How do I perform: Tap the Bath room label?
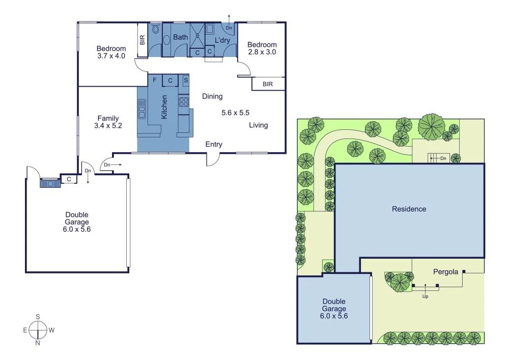click(180, 37)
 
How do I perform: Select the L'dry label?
click(222, 40)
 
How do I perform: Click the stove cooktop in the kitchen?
click(183, 102)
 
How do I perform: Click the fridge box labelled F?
click(154, 80)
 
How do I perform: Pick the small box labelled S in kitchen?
click(186, 80)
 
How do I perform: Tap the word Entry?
click(214, 145)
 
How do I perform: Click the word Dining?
click(212, 96)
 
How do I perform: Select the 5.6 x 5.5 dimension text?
click(235, 113)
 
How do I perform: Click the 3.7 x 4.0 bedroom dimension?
click(111, 56)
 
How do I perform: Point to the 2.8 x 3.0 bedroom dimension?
click(262, 51)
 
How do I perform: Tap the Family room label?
click(108, 118)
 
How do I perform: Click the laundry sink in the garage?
click(50, 182)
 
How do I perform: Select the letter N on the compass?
click(38, 343)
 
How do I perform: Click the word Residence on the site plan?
click(409, 209)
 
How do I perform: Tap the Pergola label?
click(446, 271)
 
